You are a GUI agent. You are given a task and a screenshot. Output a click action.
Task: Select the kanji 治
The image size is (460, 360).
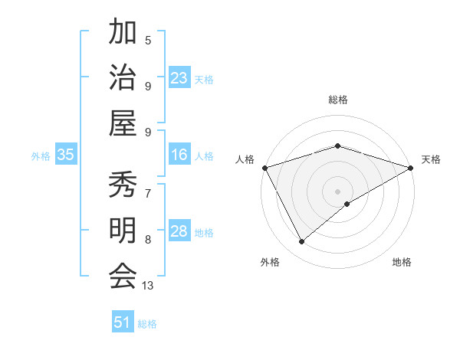point(123,77)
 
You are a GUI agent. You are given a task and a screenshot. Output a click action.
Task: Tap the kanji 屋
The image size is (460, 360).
point(123,122)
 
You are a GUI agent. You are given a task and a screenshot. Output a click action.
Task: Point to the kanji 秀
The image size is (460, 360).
point(123,185)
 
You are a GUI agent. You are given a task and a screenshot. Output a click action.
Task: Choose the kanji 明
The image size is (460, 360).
point(123,231)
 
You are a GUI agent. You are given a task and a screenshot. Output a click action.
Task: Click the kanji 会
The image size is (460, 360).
point(123,276)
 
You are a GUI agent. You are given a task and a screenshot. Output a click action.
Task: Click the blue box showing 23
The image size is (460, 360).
point(179,77)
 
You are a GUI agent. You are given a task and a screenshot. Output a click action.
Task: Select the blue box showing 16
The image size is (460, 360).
point(179,155)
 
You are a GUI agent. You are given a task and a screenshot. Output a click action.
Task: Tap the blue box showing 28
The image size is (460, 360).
point(179,231)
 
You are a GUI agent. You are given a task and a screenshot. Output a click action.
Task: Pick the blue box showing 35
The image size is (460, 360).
point(66,155)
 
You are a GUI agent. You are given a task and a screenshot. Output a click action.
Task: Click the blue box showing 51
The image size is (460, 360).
point(123,322)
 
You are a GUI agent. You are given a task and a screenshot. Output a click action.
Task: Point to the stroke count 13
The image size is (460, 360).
point(148,286)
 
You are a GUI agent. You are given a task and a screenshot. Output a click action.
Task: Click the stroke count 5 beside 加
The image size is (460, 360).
point(148,40)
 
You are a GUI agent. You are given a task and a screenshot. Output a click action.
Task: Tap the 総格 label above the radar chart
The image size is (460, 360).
point(338,100)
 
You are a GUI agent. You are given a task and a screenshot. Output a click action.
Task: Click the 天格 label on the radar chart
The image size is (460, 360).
point(431,159)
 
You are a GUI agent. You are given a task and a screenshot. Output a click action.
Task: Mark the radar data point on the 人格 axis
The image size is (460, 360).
point(264,167)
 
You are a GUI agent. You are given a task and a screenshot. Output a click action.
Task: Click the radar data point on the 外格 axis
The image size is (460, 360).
point(302,242)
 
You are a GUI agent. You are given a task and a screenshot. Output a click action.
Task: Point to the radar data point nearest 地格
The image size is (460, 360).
point(348,204)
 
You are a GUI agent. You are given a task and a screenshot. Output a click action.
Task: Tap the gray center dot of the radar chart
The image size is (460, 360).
point(338,191)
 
